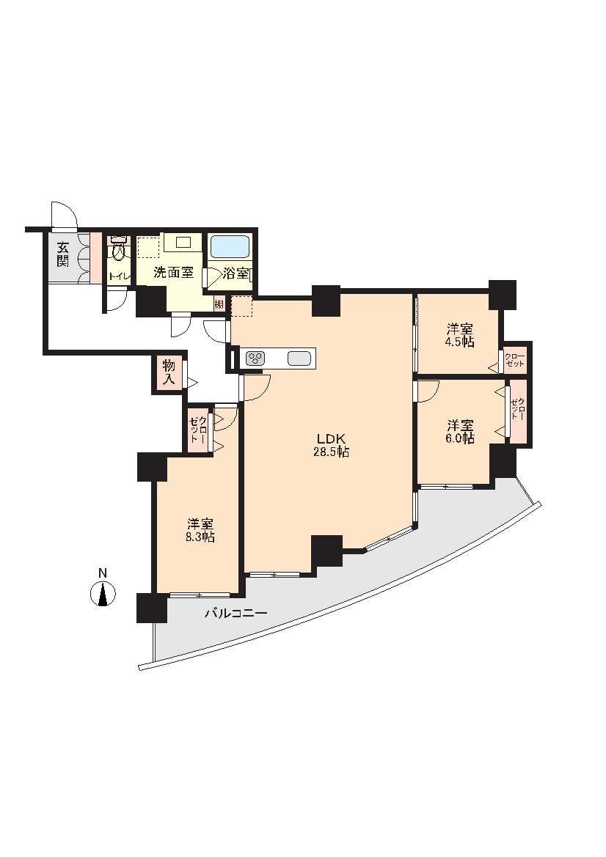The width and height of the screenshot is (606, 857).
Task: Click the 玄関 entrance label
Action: click(63, 254)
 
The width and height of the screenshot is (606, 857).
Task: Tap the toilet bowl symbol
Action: click(117, 250)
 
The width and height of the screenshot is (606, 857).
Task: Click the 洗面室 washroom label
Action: click(173, 273)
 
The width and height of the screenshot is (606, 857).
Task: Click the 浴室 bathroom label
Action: click(236, 273)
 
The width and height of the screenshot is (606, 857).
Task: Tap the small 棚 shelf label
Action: click(219, 304)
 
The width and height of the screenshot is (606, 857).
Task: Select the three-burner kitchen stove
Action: click(255, 358)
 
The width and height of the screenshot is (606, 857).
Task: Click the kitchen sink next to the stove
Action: click(299, 358)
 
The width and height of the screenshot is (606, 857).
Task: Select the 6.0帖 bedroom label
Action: click(460, 432)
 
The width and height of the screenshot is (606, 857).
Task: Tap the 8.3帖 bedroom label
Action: click(200, 530)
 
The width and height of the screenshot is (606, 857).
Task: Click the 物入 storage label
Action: click(169, 373)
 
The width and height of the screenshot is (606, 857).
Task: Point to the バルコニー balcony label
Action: click(236, 613)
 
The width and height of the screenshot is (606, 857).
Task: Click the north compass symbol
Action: click(102, 594)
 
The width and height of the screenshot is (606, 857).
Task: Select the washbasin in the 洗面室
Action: click(182, 242)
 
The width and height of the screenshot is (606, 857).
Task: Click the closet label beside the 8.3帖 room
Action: click(198, 430)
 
